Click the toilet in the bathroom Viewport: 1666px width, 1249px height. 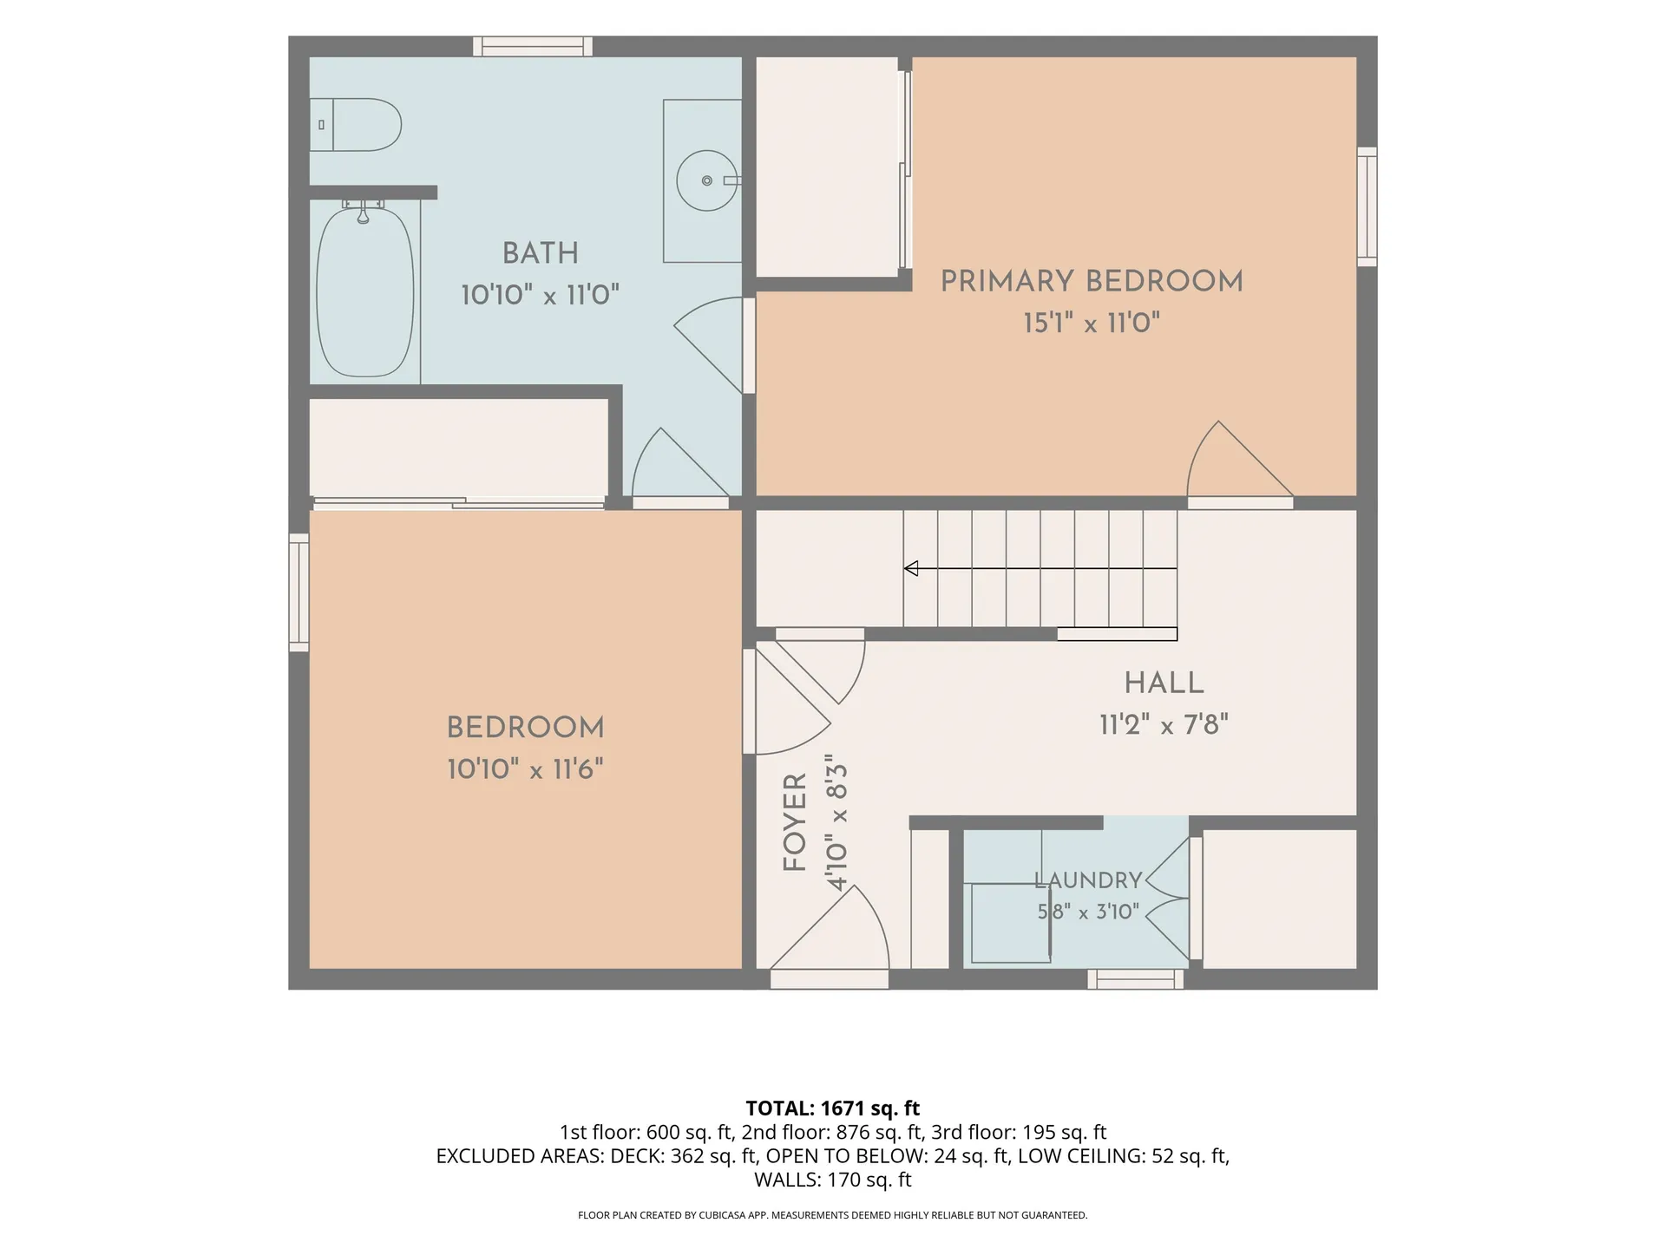click(x=356, y=125)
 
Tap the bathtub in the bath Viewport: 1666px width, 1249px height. click(x=364, y=292)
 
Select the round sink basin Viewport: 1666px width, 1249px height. click(x=706, y=180)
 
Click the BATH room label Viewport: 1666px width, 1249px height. click(x=540, y=253)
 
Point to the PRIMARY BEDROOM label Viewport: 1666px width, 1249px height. click(x=1092, y=281)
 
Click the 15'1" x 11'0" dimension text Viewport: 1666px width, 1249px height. click(x=1092, y=324)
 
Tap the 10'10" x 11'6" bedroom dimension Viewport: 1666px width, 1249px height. click(x=525, y=769)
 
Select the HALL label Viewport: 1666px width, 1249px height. click(x=1164, y=683)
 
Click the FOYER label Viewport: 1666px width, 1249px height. click(x=795, y=822)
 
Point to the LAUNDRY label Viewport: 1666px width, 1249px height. click(x=1088, y=880)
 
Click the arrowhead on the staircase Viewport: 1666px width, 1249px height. click(x=911, y=569)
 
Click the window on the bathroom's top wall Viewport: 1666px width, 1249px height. click(x=533, y=46)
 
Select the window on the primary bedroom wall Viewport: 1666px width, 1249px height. click(x=1367, y=206)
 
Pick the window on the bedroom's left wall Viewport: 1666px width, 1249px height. click(x=298, y=592)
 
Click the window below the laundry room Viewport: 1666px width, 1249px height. click(x=1136, y=979)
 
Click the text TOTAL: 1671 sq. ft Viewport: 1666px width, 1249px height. click(x=833, y=1108)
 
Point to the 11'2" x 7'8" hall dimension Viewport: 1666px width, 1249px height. click(x=1164, y=724)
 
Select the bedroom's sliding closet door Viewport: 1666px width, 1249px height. click(x=459, y=502)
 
